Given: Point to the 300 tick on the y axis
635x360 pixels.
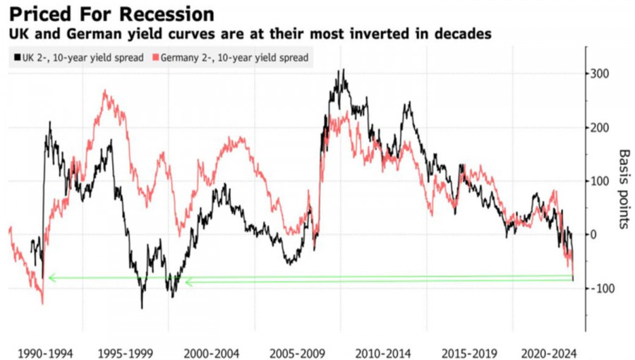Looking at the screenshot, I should pos(600,74).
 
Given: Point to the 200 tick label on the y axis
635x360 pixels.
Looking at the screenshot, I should pos(600,128).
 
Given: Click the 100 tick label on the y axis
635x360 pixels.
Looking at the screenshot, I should pos(600,181).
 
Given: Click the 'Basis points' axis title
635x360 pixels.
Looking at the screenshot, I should pos(624,189).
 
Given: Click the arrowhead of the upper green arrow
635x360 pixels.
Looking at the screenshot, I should pos(51,278).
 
